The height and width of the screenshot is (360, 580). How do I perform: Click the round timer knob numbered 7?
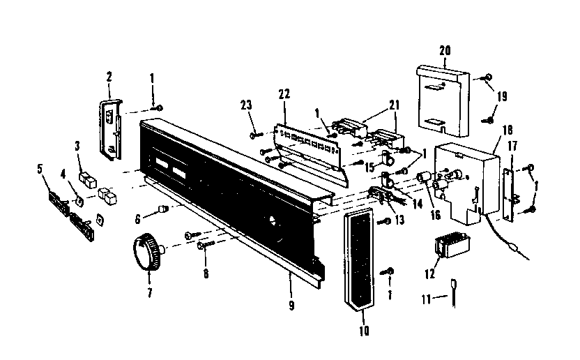tap(146, 251)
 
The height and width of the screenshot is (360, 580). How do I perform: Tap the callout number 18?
tap(507, 130)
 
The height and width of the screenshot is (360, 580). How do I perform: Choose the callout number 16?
tap(436, 215)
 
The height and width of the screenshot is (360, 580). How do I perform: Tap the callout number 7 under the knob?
tap(148, 292)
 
